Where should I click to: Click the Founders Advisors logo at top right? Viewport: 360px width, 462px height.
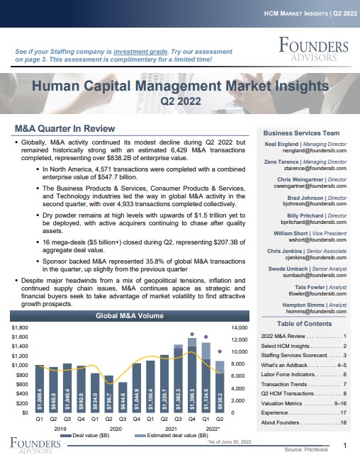(x=313, y=49)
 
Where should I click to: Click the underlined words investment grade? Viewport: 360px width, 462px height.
(x=140, y=52)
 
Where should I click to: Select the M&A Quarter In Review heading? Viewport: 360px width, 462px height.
(x=64, y=129)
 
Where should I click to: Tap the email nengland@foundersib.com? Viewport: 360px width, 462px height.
(x=315, y=151)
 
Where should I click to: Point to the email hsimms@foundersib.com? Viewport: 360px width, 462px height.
(x=316, y=312)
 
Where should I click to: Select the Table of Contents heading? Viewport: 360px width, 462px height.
(x=304, y=324)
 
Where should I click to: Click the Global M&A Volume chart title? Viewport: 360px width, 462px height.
(x=130, y=316)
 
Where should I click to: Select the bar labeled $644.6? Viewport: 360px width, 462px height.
(x=123, y=398)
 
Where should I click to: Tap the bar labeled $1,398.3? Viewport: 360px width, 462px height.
(x=192, y=380)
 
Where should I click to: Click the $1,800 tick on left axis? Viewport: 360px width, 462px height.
(x=20, y=327)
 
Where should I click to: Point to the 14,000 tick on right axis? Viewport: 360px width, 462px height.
(x=240, y=327)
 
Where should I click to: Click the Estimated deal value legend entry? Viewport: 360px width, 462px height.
(x=171, y=436)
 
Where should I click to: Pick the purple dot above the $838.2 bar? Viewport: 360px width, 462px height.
(x=220, y=351)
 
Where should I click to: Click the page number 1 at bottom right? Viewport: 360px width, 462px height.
(x=345, y=446)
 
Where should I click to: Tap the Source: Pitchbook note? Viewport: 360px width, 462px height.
(x=306, y=450)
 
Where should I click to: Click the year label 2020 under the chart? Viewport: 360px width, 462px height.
(x=116, y=429)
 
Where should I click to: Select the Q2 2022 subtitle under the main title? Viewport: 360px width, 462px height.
(x=181, y=101)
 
